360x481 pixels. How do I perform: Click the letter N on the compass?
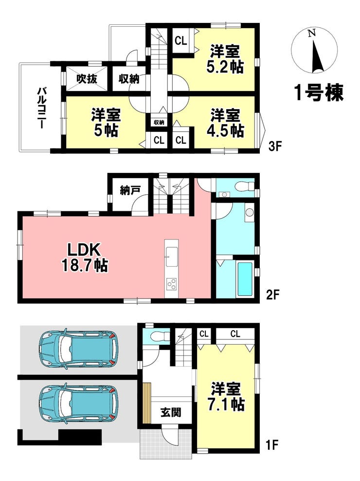click(312, 33)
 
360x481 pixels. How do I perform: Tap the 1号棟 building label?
click(319, 92)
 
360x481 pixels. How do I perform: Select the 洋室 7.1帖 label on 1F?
click(227, 396)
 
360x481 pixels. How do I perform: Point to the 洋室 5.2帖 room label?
click(226, 59)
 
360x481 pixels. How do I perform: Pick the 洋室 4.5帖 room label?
click(226, 123)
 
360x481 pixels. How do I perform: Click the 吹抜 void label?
click(87, 79)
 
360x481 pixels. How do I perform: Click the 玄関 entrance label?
click(171, 412)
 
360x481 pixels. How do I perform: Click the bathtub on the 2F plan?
click(245, 278)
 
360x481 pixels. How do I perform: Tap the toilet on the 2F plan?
click(244, 186)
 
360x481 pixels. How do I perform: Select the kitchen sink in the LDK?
click(172, 257)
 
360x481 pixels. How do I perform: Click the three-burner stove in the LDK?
click(172, 284)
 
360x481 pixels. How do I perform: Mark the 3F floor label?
click(275, 147)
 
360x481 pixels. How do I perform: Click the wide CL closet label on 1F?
click(235, 334)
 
